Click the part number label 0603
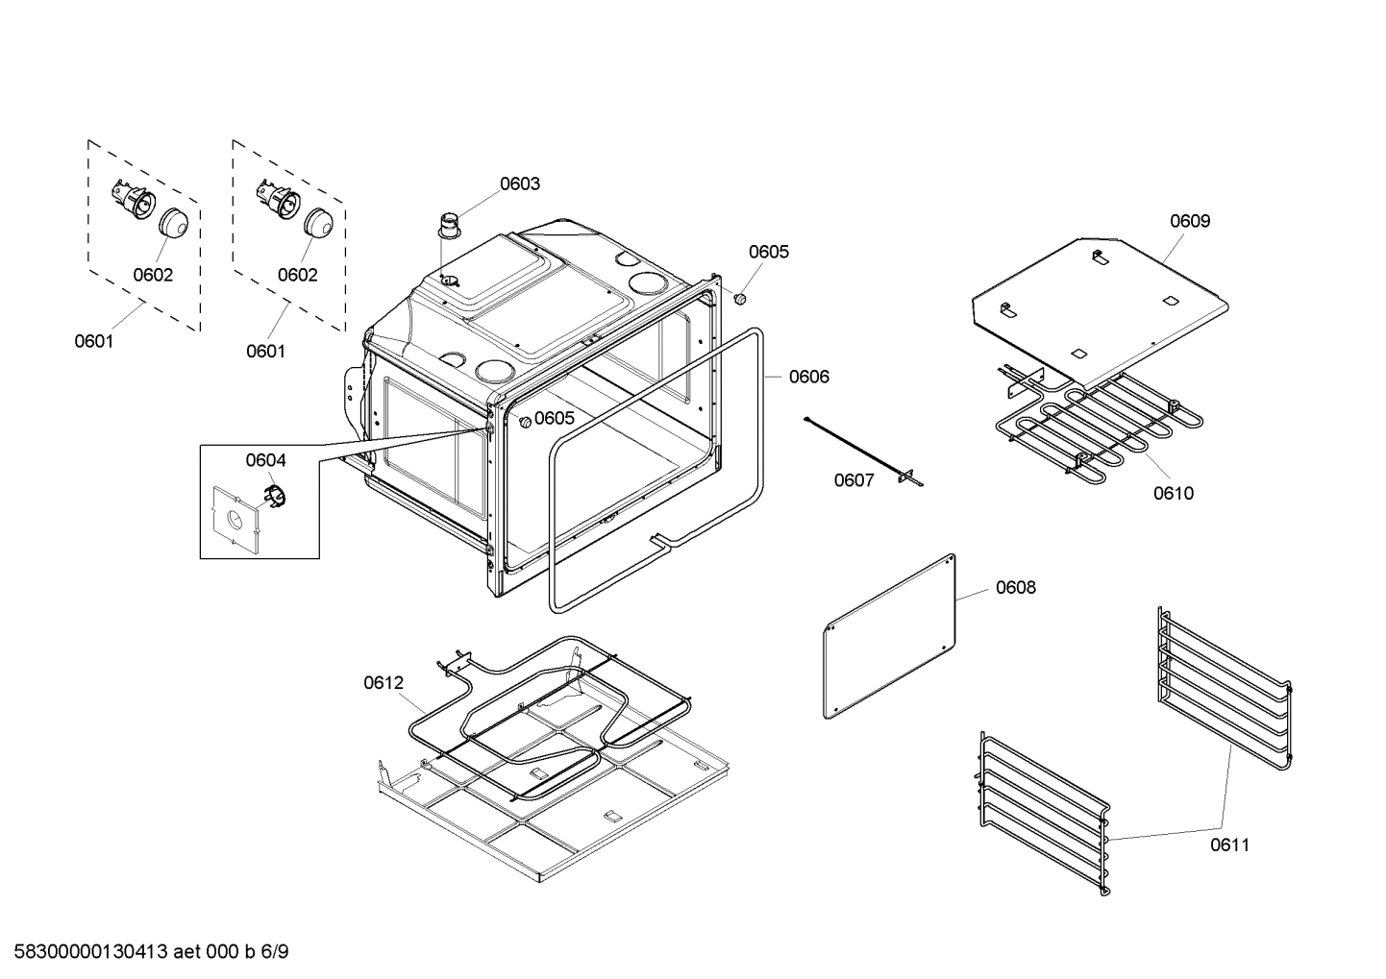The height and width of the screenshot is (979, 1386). click(519, 184)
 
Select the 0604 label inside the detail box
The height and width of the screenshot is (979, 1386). click(265, 460)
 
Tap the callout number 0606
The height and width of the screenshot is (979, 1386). click(808, 377)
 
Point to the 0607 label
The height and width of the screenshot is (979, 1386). click(854, 480)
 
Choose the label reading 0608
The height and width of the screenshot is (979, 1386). click(1016, 587)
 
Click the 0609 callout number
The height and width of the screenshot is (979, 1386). click(1190, 221)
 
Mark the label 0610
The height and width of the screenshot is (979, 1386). click(1174, 494)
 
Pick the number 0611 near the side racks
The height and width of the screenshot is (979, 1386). click(1229, 845)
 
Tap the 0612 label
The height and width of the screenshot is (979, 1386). click(384, 683)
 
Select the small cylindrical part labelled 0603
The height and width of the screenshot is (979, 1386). click(449, 226)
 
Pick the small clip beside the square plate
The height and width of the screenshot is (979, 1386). click(275, 497)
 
